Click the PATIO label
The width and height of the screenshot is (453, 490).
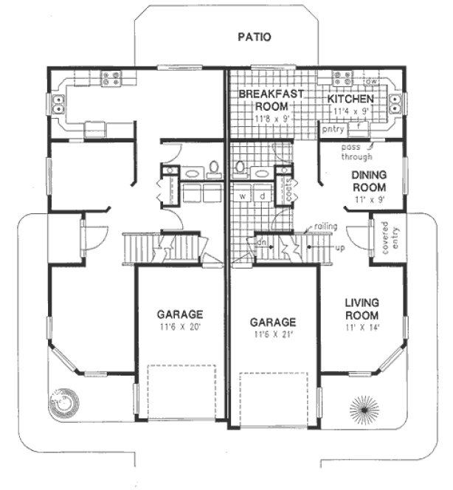click(255, 36)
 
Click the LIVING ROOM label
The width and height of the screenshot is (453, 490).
click(362, 308)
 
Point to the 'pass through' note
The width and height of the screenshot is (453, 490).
click(358, 151)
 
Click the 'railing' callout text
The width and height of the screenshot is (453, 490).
click(325, 227)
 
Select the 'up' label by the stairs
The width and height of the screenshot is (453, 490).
click(339, 249)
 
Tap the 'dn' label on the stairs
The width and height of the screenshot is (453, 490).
click(260, 241)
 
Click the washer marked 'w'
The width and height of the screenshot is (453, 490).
click(242, 196)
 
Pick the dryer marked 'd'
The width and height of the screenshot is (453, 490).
click(261, 196)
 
